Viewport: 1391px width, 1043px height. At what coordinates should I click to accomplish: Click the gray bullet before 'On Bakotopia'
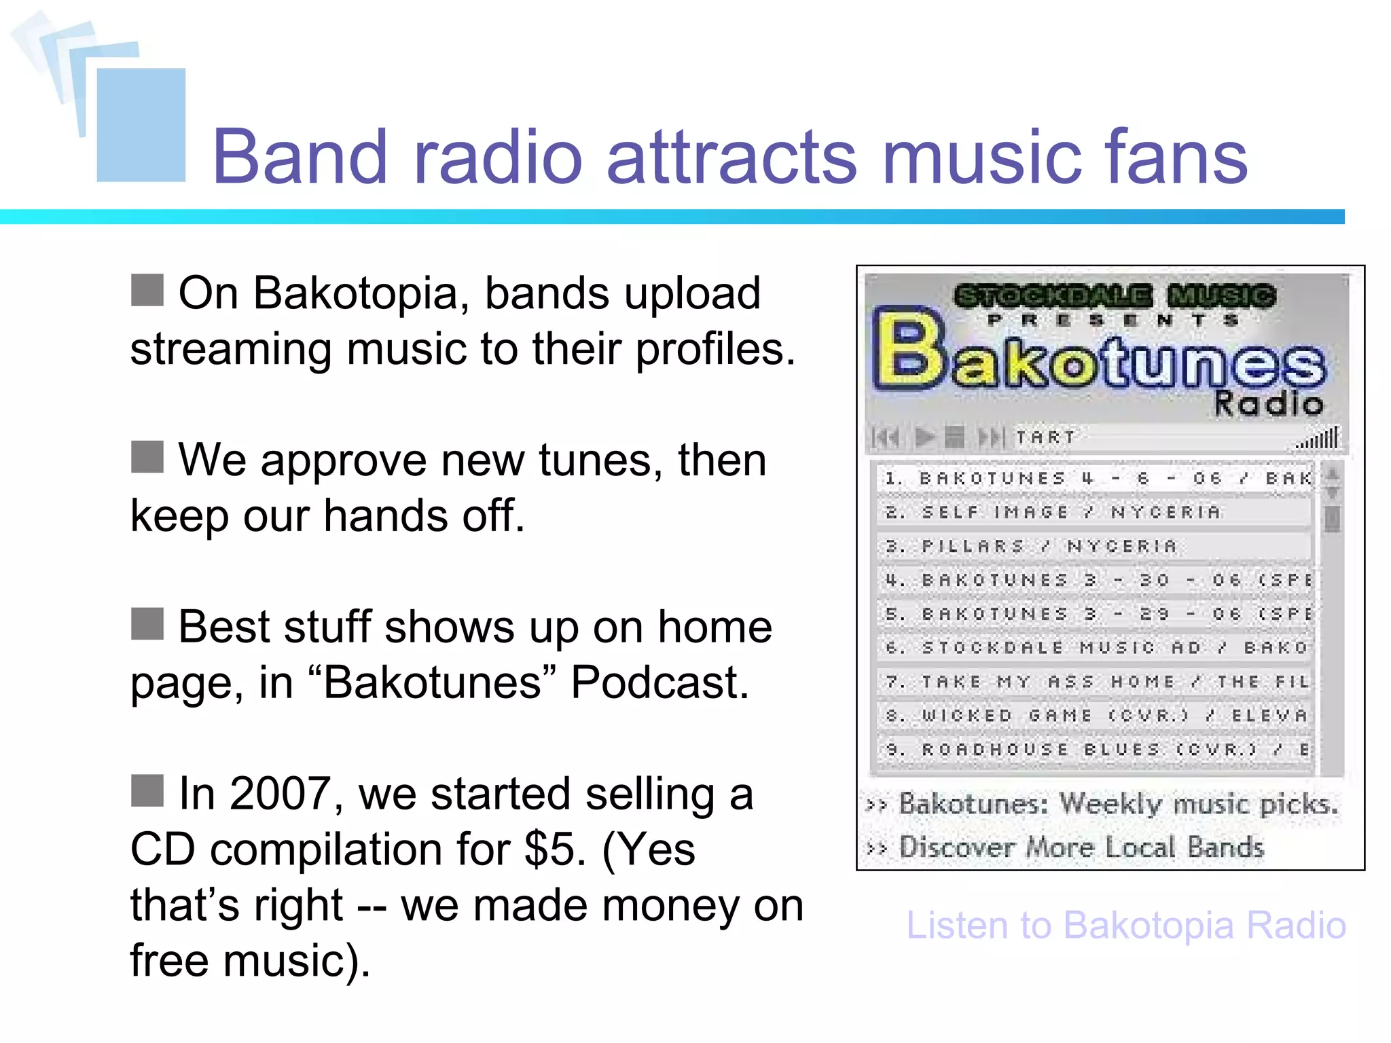(x=147, y=291)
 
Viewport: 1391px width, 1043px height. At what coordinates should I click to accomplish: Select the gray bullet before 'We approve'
(x=147, y=457)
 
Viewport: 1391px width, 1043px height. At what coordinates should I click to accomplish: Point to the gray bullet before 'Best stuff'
(x=147, y=624)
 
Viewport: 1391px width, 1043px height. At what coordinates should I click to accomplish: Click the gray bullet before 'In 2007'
(x=147, y=791)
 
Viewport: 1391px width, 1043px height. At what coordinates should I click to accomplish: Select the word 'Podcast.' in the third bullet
(x=660, y=682)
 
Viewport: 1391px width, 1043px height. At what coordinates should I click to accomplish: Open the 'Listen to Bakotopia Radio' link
(x=1125, y=926)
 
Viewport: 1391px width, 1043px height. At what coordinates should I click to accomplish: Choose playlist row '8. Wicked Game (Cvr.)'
(x=1094, y=716)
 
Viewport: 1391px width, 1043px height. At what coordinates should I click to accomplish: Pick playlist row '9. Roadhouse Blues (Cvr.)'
(x=1094, y=750)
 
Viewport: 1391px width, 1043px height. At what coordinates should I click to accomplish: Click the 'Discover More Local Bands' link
(x=1081, y=847)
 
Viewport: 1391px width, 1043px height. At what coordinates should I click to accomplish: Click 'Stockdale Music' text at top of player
(x=1114, y=296)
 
